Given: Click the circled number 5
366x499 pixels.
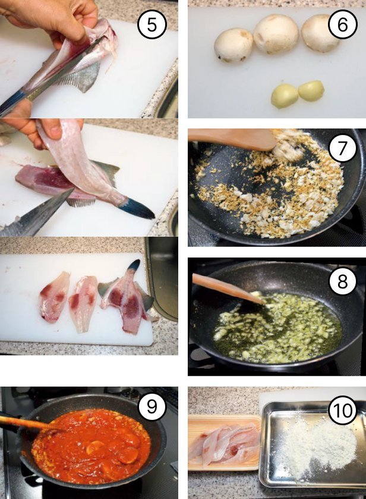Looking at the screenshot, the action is click(152, 25).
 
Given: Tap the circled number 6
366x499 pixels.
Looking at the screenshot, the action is click(342, 24).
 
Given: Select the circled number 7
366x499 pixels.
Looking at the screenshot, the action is click(342, 148).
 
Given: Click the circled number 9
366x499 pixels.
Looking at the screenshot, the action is click(152, 407).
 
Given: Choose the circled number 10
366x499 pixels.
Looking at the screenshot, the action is click(343, 410).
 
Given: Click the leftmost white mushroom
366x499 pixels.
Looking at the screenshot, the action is click(234, 45).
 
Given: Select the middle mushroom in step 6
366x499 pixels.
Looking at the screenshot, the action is click(276, 34).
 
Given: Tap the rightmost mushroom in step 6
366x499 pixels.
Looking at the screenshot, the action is click(320, 33).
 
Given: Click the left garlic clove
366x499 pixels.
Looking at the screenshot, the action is click(284, 96).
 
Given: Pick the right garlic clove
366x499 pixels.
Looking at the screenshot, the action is click(311, 90).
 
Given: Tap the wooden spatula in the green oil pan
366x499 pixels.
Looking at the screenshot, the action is click(228, 288).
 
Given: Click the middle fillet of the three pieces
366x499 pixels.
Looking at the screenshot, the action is click(83, 303).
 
